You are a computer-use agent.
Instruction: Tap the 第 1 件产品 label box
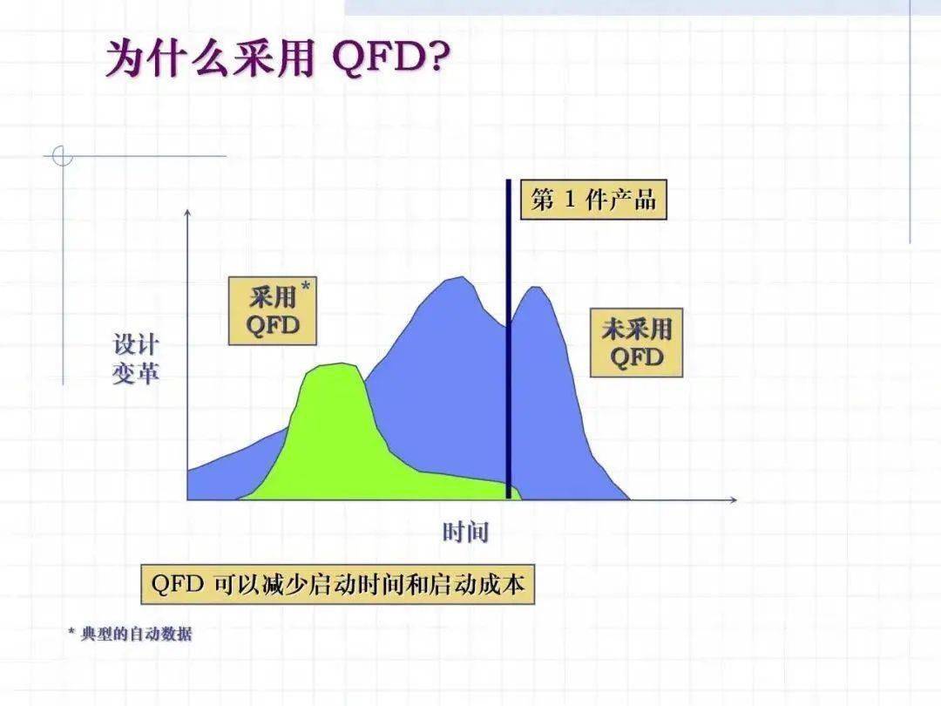(593, 200)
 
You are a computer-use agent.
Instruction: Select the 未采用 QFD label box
(637, 343)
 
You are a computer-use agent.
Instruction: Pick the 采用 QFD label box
(273, 311)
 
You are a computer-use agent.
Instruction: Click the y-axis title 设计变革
(136, 359)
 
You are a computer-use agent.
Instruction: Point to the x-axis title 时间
(465, 532)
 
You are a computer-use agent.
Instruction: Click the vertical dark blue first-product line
(508, 339)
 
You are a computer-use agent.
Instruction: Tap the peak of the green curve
(342, 363)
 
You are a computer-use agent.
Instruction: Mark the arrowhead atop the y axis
(188, 213)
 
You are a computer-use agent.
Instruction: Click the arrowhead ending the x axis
(733, 499)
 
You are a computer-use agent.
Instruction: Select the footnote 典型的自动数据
(136, 634)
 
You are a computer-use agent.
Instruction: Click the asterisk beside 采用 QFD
(306, 287)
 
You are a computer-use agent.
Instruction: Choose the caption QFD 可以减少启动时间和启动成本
(338, 583)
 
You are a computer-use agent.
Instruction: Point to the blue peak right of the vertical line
(535, 288)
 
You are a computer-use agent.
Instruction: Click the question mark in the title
(439, 58)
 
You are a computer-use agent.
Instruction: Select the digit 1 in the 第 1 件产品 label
(570, 200)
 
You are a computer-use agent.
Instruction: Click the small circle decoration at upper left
(63, 156)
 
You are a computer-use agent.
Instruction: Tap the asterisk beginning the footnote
(71, 632)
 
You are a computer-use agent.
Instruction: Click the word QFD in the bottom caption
(178, 583)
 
